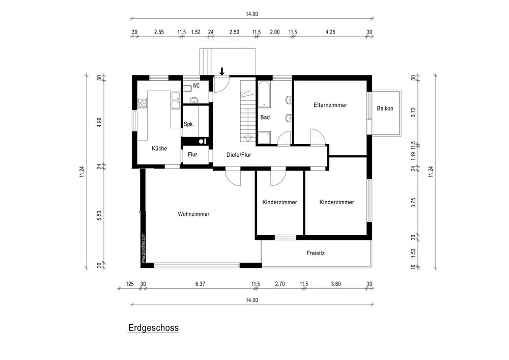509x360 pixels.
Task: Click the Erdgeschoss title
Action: (153, 328)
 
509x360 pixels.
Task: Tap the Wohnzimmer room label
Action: (193, 214)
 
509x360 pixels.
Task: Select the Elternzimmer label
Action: (330, 105)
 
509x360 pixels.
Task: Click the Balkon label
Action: (385, 108)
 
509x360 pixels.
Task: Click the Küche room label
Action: (159, 149)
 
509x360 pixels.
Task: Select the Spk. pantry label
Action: (188, 124)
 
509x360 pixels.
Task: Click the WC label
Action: (196, 86)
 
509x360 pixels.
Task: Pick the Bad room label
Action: (265, 117)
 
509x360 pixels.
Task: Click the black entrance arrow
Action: (221, 71)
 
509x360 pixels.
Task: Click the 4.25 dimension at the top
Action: (330, 32)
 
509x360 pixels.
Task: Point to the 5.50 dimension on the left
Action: (100, 215)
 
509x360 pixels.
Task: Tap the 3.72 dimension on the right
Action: (414, 112)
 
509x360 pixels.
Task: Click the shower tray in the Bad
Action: (265, 136)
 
